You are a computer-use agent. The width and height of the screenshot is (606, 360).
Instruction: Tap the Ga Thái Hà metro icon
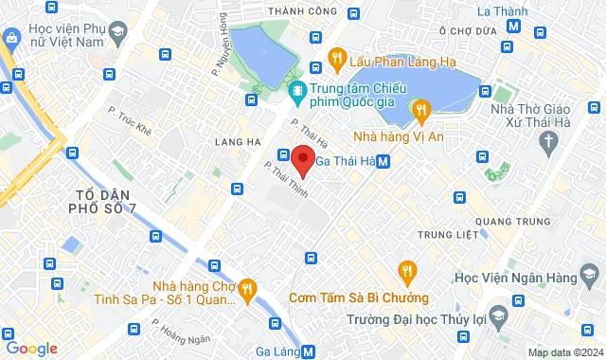383,162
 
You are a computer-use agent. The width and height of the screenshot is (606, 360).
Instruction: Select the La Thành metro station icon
512,27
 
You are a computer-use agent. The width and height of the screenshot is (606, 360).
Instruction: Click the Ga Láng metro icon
309,351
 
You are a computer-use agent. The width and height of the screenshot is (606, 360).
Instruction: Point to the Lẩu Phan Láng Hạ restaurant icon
335,63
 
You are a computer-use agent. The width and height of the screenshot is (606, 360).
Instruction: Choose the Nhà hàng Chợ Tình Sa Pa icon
246,286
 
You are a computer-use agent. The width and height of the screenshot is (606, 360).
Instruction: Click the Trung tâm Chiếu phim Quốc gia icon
296,91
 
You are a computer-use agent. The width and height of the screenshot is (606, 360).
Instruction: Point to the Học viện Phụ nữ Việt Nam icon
117,34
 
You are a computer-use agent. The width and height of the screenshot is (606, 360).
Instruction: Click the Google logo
31,349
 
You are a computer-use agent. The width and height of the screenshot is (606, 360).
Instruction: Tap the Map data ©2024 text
563,352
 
